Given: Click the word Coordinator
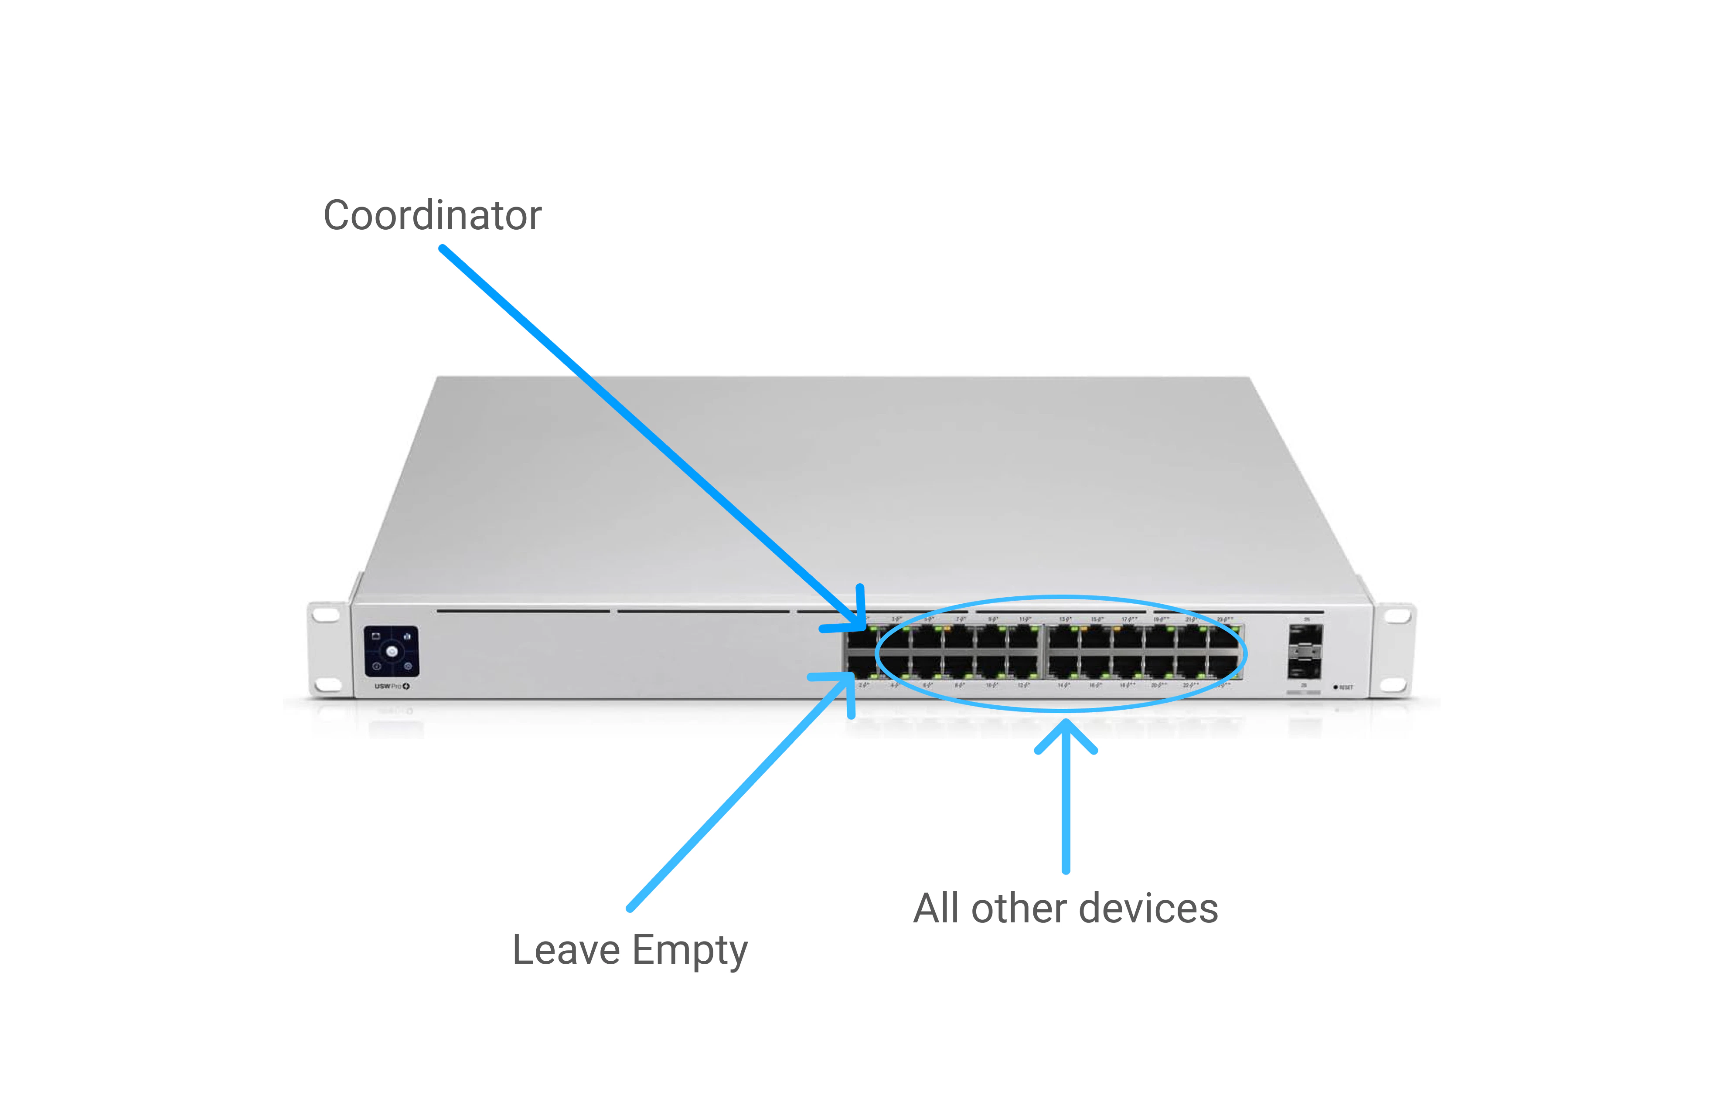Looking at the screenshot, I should point(432,215).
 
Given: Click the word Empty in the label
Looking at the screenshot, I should point(690,950).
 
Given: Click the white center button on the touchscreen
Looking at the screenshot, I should point(392,651).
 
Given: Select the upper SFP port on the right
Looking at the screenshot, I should point(1305,638).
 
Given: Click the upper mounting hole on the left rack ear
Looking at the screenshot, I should point(326,615).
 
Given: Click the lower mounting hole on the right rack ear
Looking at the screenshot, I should point(1395,684).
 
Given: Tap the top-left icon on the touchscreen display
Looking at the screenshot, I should point(375,636).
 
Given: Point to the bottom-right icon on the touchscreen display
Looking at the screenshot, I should point(408,666).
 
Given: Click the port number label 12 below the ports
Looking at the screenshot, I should point(1023,684).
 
